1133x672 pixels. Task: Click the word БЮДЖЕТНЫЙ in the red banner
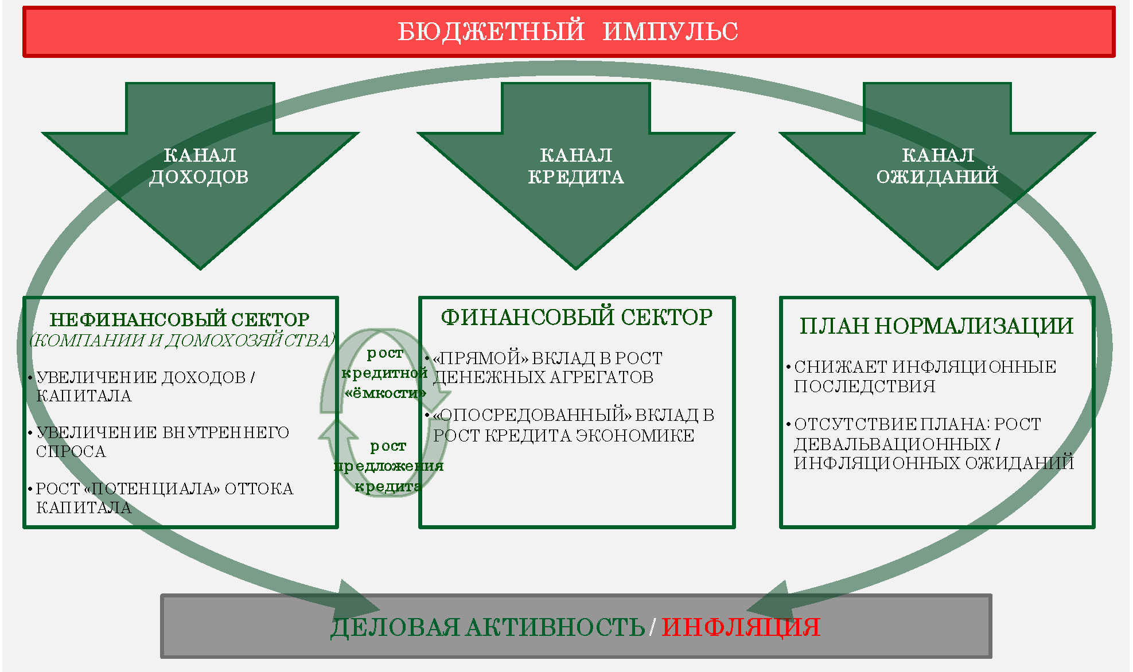(x=491, y=32)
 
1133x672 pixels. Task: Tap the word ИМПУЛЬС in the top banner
(x=671, y=32)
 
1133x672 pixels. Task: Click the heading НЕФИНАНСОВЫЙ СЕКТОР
(x=180, y=319)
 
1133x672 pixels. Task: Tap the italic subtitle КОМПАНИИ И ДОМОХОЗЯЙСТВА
(x=182, y=340)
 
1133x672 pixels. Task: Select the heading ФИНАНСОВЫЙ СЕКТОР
(x=577, y=317)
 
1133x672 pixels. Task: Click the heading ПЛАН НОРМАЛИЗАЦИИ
(x=937, y=326)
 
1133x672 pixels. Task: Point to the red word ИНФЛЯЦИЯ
(x=741, y=627)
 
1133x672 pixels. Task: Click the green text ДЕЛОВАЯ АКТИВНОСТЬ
(x=488, y=627)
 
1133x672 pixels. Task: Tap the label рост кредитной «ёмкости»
(x=384, y=373)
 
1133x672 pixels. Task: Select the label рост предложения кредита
(x=388, y=466)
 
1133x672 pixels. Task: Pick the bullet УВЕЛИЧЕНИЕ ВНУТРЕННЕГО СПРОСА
(x=158, y=442)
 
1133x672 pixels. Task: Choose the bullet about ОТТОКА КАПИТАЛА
(x=161, y=498)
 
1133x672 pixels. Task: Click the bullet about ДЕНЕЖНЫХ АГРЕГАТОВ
(x=544, y=368)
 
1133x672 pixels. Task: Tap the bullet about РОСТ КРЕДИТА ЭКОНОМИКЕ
(x=570, y=425)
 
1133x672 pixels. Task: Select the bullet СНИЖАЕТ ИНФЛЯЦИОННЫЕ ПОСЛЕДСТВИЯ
(x=921, y=376)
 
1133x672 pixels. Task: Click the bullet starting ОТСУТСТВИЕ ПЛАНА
(x=930, y=443)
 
